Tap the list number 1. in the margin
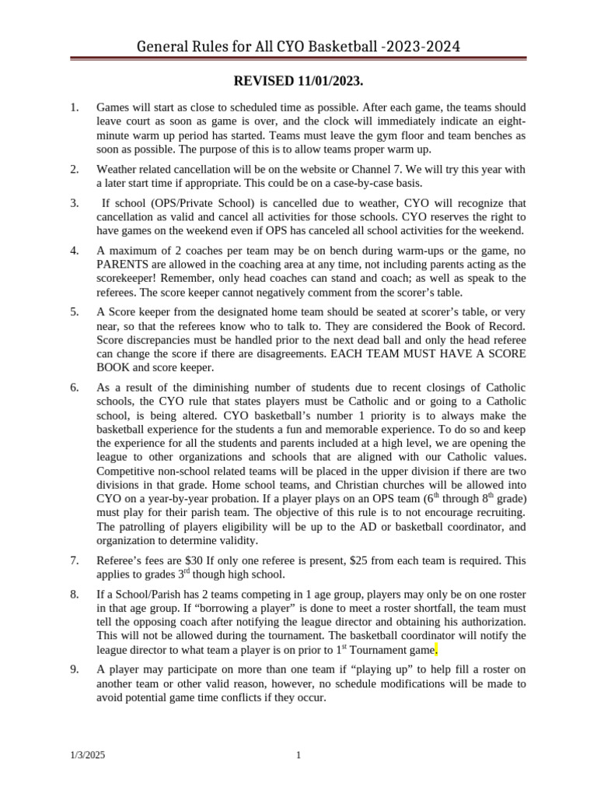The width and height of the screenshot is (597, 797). (75, 107)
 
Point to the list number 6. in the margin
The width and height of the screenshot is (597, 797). (75, 387)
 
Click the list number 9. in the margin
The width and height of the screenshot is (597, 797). (75, 669)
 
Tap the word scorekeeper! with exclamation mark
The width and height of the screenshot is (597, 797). (125, 278)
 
